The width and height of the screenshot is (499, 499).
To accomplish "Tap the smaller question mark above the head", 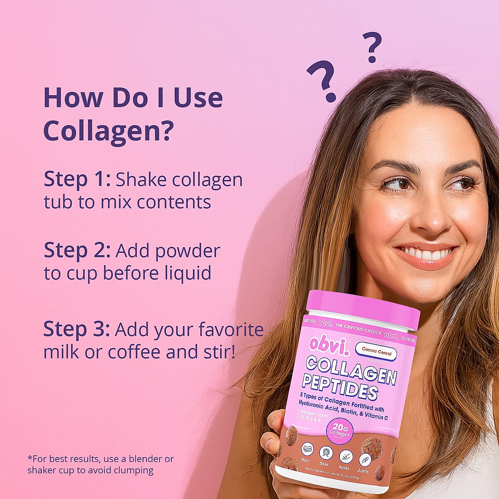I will click(x=372, y=47).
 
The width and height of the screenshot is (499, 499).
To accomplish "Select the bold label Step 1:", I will click(x=77, y=179).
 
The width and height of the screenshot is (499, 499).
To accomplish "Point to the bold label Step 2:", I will click(x=77, y=251).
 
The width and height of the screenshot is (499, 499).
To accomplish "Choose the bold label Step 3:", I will click(x=77, y=329).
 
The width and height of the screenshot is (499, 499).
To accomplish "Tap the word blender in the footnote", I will click(x=140, y=459).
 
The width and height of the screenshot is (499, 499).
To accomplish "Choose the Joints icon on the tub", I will click(x=365, y=460).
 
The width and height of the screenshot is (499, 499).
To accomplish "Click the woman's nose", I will click(x=428, y=216).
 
